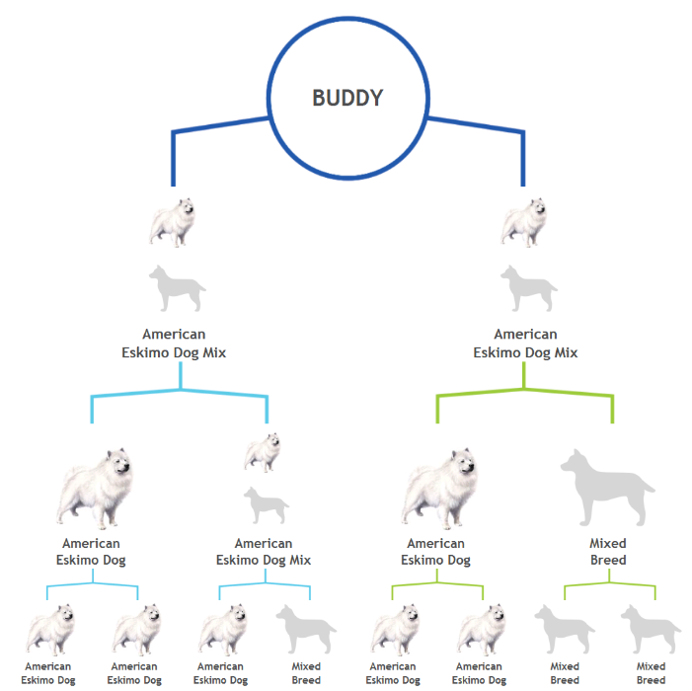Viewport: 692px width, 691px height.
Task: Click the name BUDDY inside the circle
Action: click(347, 98)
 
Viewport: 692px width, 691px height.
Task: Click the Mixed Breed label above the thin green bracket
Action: click(608, 551)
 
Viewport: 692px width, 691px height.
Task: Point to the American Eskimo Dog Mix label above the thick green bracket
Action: click(525, 344)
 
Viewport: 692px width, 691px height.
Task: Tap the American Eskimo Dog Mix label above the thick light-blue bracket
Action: click(174, 344)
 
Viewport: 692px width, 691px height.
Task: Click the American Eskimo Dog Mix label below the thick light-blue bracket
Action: click(263, 551)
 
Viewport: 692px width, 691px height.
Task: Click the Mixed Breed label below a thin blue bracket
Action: click(306, 673)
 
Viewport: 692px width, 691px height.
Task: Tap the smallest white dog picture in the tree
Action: click(263, 452)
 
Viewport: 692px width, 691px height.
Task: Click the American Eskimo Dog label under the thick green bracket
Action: click(436, 551)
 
